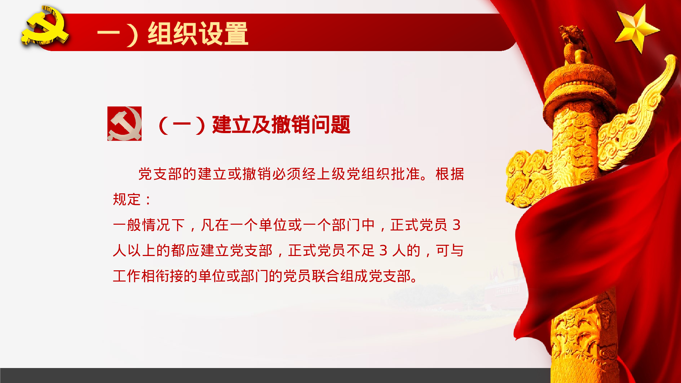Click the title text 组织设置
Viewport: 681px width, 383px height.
198,33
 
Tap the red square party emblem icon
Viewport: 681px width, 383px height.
124,124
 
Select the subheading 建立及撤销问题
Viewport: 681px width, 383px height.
281,125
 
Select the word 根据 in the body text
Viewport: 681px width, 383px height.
449,174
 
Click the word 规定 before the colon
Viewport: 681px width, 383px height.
127,200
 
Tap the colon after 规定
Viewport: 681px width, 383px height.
148,200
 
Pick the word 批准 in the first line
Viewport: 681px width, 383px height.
405,174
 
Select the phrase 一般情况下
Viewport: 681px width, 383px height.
149,225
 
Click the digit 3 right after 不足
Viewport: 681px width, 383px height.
383,251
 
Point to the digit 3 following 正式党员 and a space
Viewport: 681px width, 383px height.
456,225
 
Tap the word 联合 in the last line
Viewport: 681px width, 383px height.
326,276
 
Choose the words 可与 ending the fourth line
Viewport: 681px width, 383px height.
449,251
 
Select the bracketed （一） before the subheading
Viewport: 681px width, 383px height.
182,125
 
